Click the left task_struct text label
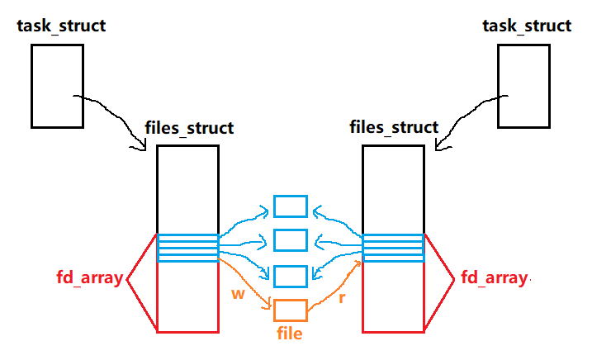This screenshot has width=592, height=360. [x=61, y=26]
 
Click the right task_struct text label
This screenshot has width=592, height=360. [x=527, y=26]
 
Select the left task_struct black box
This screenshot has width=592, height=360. [x=58, y=86]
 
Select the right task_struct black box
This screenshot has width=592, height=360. [x=523, y=86]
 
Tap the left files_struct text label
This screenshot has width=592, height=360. [x=189, y=128]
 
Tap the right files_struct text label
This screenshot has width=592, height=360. [x=395, y=128]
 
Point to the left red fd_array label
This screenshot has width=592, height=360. [x=89, y=278]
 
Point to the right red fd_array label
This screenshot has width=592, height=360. [x=494, y=278]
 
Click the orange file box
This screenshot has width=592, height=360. [x=291, y=310]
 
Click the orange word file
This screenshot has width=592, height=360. [x=290, y=334]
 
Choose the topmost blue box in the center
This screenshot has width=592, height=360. [x=291, y=206]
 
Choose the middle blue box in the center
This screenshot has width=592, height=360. [x=291, y=240]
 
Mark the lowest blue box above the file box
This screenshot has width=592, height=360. [x=291, y=277]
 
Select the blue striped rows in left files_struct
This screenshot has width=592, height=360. [x=187, y=248]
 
